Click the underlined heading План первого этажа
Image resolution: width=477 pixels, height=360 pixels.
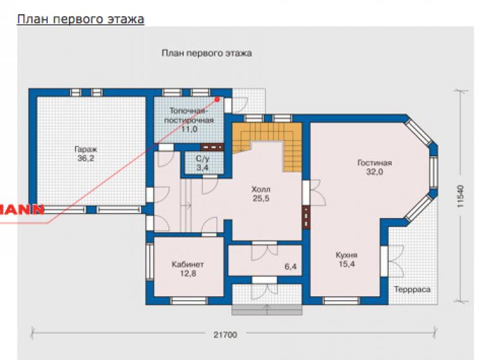pyautogui.click(x=81, y=19)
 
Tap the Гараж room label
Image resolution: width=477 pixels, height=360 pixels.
pyautogui.click(x=86, y=150)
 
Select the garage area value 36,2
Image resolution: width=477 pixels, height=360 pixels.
pyautogui.click(x=86, y=158)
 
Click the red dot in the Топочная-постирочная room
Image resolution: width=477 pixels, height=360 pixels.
pyautogui.click(x=217, y=99)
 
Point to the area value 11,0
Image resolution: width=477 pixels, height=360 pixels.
pyautogui.click(x=190, y=129)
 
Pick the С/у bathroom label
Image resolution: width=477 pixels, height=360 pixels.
pyautogui.click(x=202, y=158)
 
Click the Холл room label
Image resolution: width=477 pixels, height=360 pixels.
pyautogui.click(x=260, y=190)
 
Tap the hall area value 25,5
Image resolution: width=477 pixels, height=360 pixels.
pyautogui.click(x=260, y=199)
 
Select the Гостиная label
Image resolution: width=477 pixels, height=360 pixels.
pyautogui.click(x=375, y=163)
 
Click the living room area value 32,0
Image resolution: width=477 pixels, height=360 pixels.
pyautogui.click(x=375, y=172)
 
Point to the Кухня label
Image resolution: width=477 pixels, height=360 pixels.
pyautogui.click(x=347, y=255)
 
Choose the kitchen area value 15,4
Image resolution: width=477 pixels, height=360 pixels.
pyautogui.click(x=347, y=264)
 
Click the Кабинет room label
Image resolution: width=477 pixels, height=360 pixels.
pyautogui.click(x=188, y=265)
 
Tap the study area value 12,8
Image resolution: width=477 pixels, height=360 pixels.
pyautogui.click(x=188, y=274)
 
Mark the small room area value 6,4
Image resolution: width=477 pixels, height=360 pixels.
pyautogui.click(x=291, y=267)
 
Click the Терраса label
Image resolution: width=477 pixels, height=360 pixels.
pyautogui.click(x=413, y=289)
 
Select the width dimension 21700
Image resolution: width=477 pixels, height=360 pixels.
pyautogui.click(x=225, y=335)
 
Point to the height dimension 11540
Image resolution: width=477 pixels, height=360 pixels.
pyautogui.click(x=461, y=196)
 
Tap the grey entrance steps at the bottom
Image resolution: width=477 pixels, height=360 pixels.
pyautogui.click(x=267, y=310)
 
